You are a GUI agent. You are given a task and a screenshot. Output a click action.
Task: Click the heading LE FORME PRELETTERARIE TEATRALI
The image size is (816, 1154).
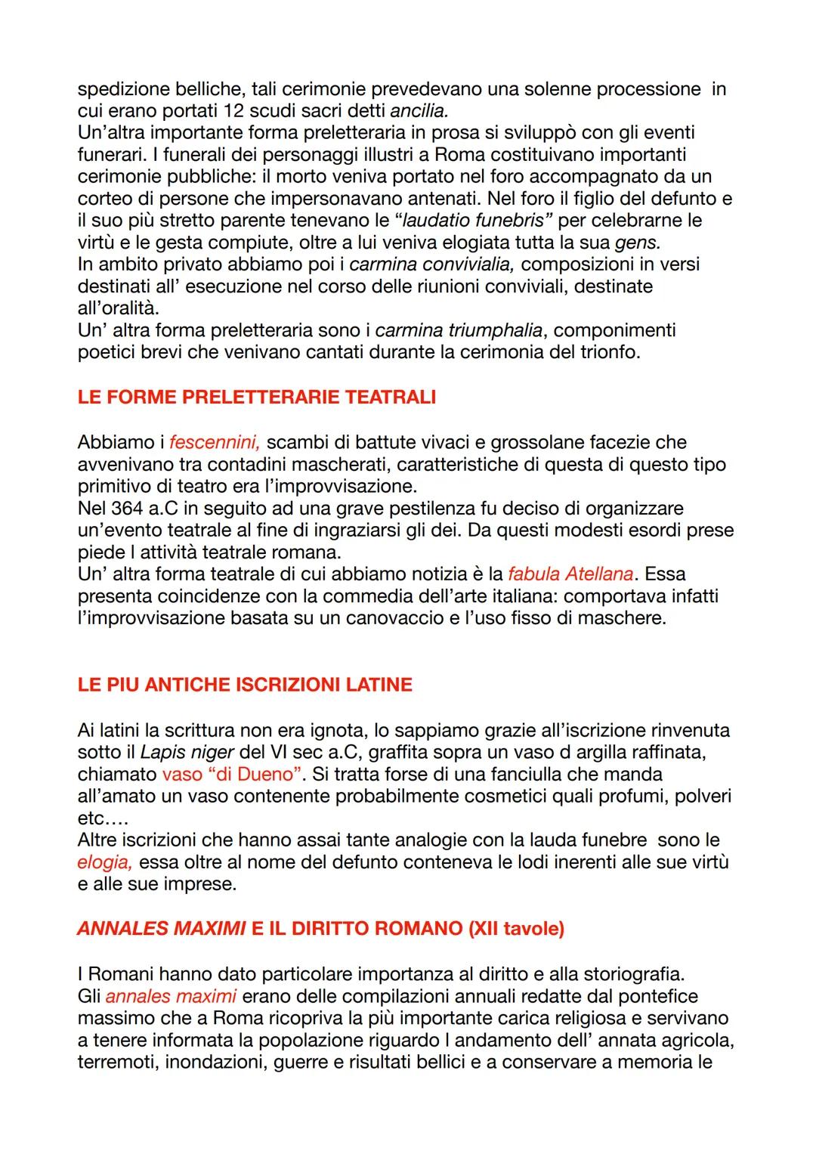[x=256, y=398]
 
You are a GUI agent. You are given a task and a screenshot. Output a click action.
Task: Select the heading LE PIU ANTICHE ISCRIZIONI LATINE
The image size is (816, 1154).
[x=245, y=685]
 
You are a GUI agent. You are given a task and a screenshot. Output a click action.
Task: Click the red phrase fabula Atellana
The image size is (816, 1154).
[x=570, y=574]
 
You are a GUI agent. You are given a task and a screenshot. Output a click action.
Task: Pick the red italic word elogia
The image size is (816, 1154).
[x=104, y=862]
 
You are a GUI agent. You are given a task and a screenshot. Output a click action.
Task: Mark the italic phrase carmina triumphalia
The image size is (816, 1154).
[x=459, y=330]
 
